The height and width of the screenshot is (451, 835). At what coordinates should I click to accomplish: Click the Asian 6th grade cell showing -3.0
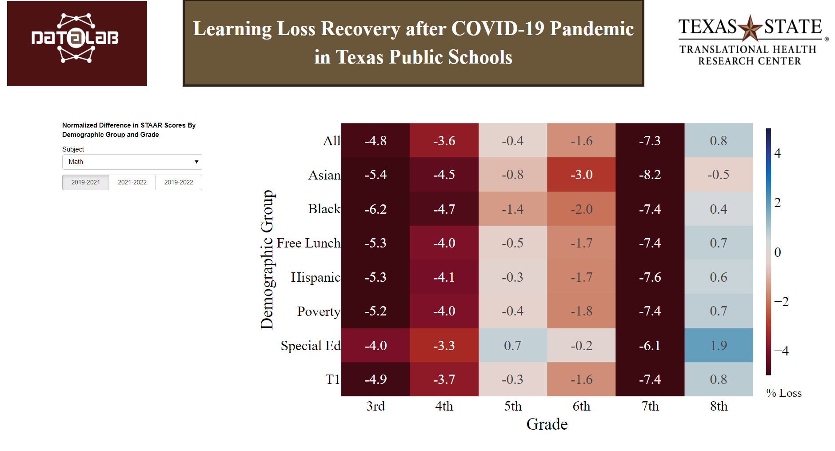(x=581, y=175)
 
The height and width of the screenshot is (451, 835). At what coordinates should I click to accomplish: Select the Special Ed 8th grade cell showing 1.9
(x=719, y=345)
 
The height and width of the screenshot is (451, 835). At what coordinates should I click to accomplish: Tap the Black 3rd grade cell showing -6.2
(x=376, y=209)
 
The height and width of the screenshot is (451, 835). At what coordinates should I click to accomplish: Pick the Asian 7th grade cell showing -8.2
(x=650, y=175)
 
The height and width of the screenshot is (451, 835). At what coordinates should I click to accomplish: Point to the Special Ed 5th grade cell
(x=512, y=345)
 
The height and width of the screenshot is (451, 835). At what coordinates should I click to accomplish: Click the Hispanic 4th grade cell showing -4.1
(x=444, y=277)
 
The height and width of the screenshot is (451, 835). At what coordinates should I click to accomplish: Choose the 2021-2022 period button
(x=132, y=182)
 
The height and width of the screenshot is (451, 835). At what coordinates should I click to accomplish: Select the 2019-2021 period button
(x=86, y=182)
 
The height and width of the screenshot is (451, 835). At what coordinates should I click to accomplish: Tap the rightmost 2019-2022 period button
(x=179, y=182)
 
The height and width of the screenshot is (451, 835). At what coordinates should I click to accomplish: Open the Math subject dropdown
(x=132, y=162)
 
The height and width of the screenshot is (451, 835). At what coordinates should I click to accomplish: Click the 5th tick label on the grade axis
(x=513, y=406)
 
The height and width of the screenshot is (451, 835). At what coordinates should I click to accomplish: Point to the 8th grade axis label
(x=719, y=406)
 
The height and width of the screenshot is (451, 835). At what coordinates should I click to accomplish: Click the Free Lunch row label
(x=308, y=243)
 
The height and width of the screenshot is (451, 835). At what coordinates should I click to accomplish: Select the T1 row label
(x=332, y=379)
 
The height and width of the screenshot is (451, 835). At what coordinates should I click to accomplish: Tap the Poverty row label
(x=319, y=311)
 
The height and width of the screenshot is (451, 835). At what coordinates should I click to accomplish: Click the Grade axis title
(x=547, y=424)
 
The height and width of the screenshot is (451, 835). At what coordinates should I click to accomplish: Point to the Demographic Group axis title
(x=267, y=259)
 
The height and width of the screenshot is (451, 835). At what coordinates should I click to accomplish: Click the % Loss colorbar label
(x=784, y=393)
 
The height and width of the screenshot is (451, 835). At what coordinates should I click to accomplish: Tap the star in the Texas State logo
(x=750, y=28)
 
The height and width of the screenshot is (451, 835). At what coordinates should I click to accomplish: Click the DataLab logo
(x=77, y=43)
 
